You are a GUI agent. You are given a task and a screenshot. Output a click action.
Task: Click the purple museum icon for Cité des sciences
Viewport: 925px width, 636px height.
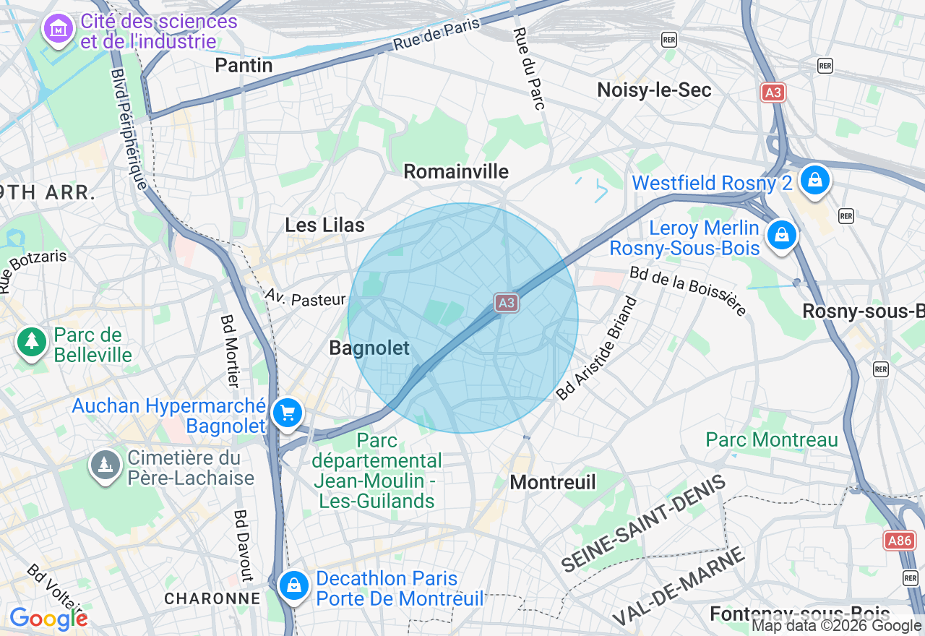59,29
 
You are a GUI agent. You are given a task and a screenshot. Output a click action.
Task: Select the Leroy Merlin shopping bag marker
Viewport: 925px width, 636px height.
781,234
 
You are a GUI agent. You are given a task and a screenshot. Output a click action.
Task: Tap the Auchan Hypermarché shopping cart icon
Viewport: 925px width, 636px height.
288,413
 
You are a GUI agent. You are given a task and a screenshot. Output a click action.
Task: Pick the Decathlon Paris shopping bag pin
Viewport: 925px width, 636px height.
294,585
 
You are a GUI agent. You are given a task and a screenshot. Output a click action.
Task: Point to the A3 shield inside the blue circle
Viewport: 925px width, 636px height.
507,303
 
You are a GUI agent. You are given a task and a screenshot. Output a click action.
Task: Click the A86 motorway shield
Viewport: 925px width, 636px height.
900,541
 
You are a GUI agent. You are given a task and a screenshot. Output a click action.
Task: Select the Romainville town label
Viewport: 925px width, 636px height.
456,171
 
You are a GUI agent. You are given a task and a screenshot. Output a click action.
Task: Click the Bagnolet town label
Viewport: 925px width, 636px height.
369,348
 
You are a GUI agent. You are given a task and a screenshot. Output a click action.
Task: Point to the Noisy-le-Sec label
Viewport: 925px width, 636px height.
654,90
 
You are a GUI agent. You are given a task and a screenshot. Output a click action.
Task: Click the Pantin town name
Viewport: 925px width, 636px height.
244,65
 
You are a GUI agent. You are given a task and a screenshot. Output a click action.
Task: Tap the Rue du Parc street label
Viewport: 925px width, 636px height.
528,69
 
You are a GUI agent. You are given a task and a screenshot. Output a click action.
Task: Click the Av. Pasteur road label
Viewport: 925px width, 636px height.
305,298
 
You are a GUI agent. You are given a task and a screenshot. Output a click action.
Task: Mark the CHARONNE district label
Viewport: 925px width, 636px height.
212,598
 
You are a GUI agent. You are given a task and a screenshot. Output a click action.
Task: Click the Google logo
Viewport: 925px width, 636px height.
48,619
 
